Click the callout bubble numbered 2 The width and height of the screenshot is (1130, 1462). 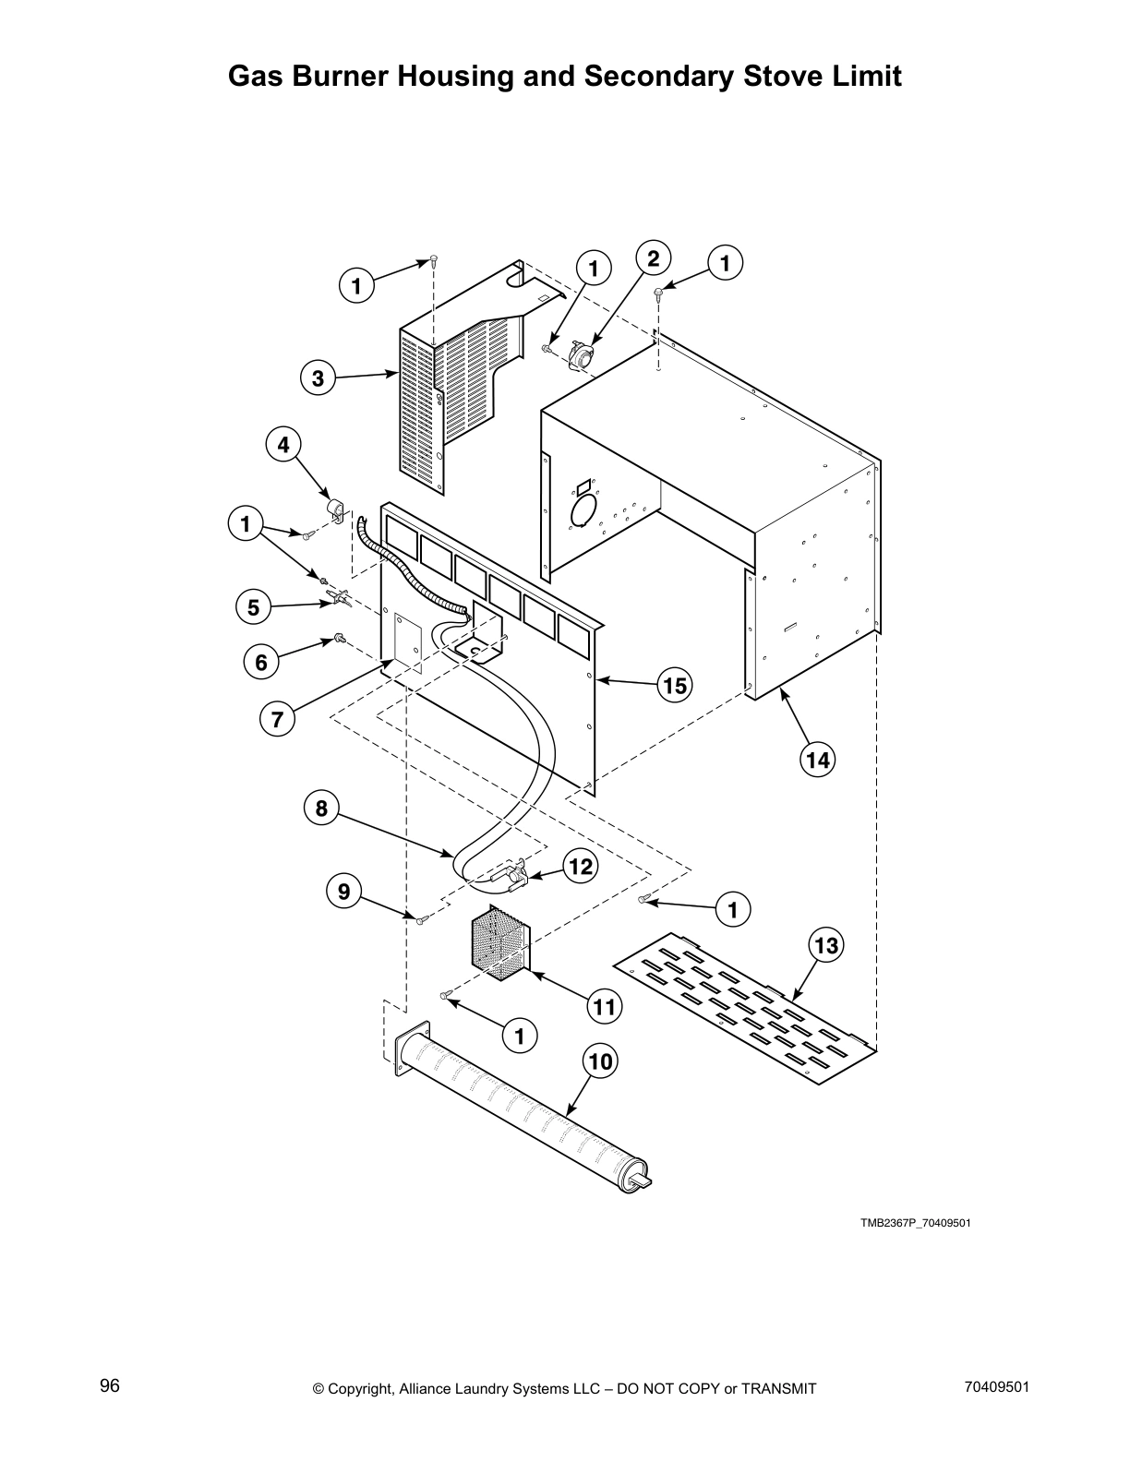pyautogui.click(x=653, y=258)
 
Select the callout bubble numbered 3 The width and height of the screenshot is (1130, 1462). pyautogui.click(x=318, y=378)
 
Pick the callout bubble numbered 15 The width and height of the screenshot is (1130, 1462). pyautogui.click(x=675, y=686)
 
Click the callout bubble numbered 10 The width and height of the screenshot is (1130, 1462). pyautogui.click(x=600, y=1062)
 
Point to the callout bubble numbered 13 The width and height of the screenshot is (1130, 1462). pyautogui.click(x=826, y=945)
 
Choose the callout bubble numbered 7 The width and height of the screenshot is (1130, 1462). pyautogui.click(x=277, y=719)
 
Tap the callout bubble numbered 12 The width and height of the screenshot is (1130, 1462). pyautogui.click(x=581, y=866)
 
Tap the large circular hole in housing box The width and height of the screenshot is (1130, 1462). pyautogui.click(x=584, y=510)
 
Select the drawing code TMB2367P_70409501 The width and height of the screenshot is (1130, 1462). pyautogui.click(x=915, y=1224)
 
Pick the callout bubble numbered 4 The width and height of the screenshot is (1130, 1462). pyautogui.click(x=283, y=445)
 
